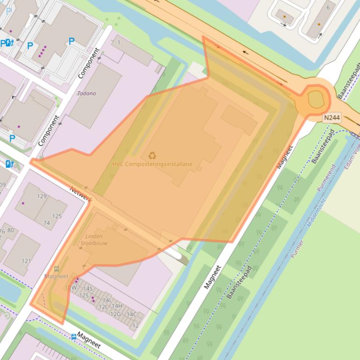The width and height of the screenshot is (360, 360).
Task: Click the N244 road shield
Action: pyautogui.click(x=331, y=118)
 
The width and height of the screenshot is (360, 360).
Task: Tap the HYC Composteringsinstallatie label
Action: pyautogui.click(x=152, y=164)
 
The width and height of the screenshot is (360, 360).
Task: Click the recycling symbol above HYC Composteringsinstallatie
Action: pyautogui.click(x=152, y=155)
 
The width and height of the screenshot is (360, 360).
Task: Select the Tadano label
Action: pyautogui.click(x=86, y=94)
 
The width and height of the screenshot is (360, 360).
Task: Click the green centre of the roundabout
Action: pyautogui.click(x=316, y=99)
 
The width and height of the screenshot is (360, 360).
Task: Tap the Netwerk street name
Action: pyautogui.click(x=80, y=195)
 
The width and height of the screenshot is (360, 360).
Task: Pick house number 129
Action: pyautogui.click(x=42, y=196)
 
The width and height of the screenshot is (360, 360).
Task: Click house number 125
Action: pyautogui.click(x=57, y=216)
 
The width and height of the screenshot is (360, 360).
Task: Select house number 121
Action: pyautogui.click(x=26, y=261)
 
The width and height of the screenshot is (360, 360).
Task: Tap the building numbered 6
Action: pyautogui.click(x=328, y=7)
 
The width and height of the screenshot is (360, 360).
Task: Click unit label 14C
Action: pyautogui.click(x=131, y=314)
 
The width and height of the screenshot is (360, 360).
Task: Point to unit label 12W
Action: pyautogui.click(x=71, y=288)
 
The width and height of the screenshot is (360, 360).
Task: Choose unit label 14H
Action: pyautogui.click(x=116, y=306)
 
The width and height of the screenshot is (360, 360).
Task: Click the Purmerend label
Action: pyautogui.click(x=326, y=178)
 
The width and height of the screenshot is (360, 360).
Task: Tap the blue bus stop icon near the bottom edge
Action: pyautogui.click(x=73, y=336)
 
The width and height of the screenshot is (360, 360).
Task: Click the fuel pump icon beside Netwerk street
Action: pyautogui.click(x=9, y=164)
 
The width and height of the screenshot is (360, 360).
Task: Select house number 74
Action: pyautogui.click(x=47, y=223)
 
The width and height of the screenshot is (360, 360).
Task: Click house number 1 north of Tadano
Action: pyautogui.click(x=119, y=43)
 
